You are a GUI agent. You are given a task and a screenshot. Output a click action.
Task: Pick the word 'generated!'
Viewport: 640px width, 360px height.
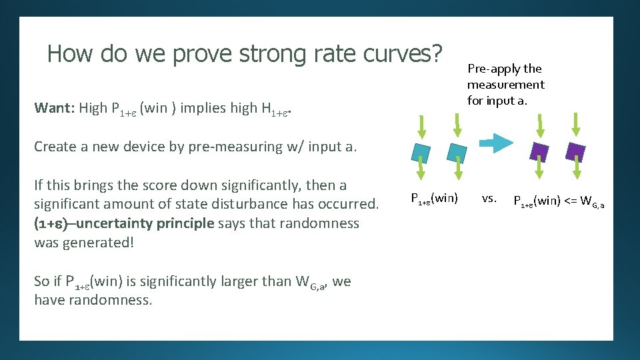pyautogui.click(x=99, y=242)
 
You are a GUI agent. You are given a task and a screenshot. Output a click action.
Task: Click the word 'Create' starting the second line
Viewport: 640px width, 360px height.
pyautogui.click(x=54, y=147)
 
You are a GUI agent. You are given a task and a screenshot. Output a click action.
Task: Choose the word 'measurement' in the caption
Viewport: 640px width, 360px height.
pyautogui.click(x=505, y=85)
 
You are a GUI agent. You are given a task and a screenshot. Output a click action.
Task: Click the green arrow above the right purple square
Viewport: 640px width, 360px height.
pyautogui.click(x=575, y=124)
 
